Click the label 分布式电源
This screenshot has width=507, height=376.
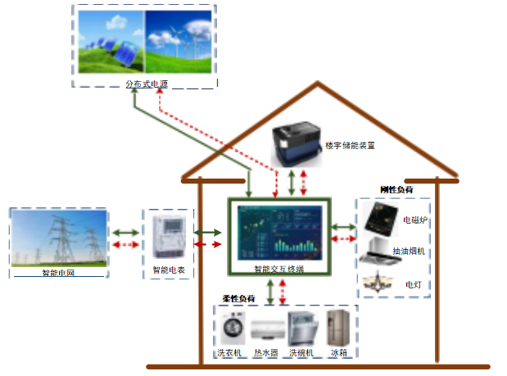(x=146, y=84)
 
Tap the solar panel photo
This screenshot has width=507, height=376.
(x=109, y=42)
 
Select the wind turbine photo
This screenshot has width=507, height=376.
(x=179, y=42)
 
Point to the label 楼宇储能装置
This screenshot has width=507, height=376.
(x=350, y=145)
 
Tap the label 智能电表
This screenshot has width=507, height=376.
(x=168, y=270)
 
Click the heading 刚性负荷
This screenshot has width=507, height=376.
(x=396, y=190)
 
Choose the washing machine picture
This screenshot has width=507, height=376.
(x=233, y=329)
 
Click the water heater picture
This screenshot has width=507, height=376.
(x=265, y=332)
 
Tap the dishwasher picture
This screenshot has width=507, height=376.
(x=302, y=329)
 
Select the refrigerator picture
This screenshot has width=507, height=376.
(x=338, y=328)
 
